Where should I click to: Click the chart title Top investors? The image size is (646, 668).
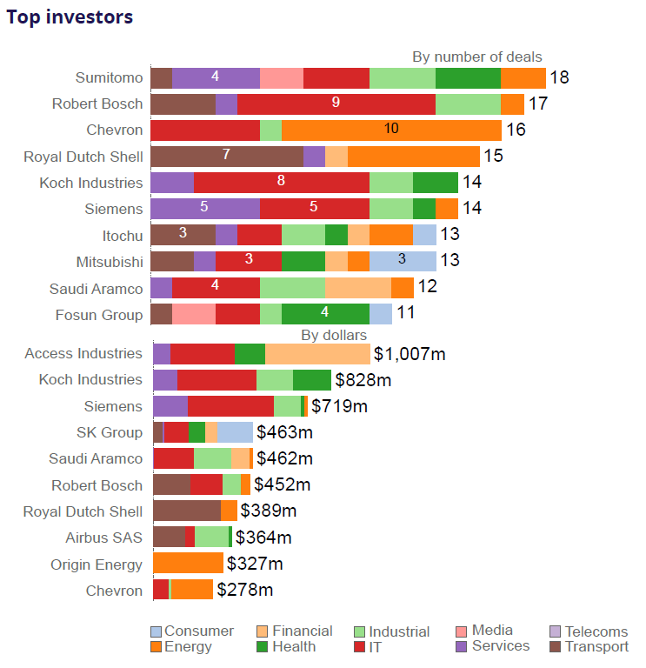70,17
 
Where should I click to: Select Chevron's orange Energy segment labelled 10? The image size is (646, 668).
391,130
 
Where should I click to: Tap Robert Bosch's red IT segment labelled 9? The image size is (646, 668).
336,104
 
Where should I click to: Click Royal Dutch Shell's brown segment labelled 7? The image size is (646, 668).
226,157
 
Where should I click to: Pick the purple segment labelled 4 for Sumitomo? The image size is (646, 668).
216,77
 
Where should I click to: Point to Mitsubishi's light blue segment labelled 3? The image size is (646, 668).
403,261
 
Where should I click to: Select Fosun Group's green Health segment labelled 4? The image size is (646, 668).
325,314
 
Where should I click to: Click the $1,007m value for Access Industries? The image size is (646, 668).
410,354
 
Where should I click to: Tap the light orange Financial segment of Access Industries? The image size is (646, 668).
317,354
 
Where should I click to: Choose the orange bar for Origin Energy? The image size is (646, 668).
188,564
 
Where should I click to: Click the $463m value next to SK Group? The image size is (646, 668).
284,432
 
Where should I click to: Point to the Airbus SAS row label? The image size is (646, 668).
103,538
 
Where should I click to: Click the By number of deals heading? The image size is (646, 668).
476,57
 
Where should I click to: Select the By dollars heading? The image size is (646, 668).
334,335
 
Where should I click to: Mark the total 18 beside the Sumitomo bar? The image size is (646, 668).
559,77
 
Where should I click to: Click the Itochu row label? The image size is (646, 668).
122,235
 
